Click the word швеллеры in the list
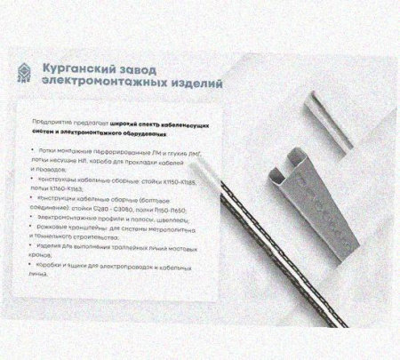pos(170,217)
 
